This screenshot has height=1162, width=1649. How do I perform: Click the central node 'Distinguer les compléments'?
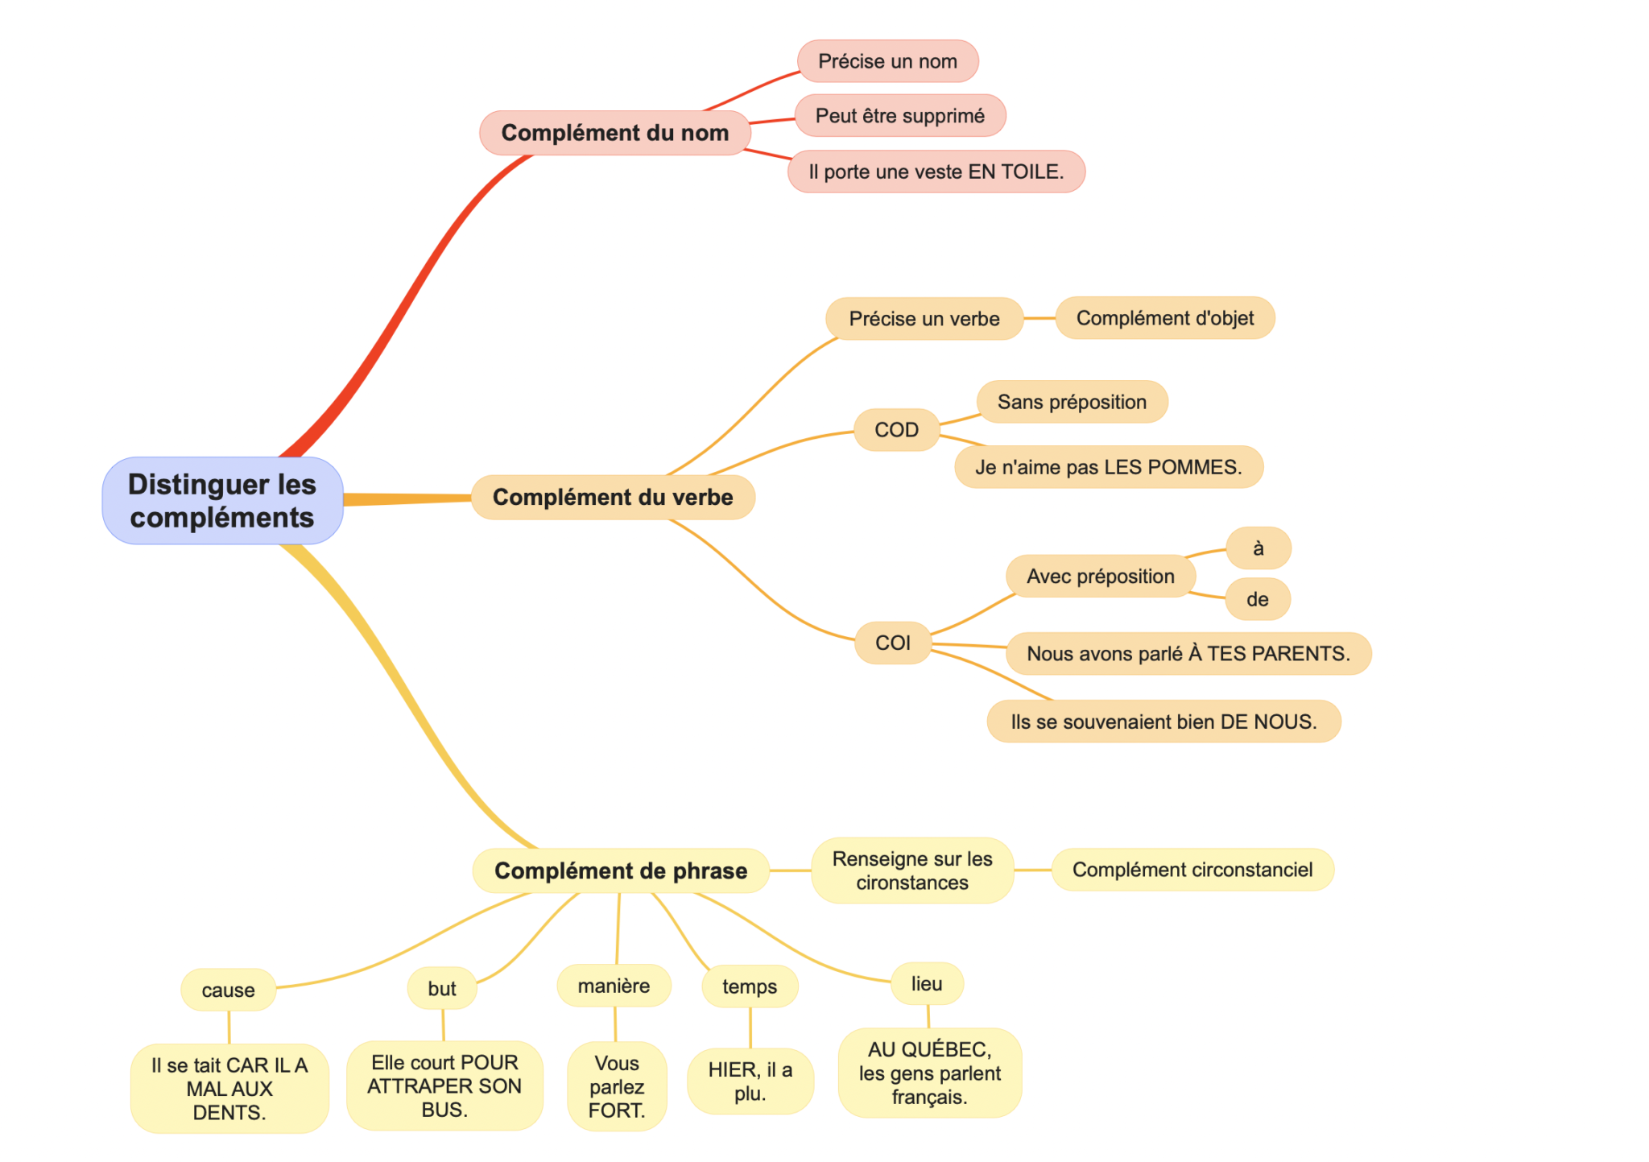point(222,500)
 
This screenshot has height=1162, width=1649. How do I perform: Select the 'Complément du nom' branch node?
point(614,133)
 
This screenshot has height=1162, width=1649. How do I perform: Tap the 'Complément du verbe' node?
point(613,497)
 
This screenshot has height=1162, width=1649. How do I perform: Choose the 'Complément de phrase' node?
point(621,870)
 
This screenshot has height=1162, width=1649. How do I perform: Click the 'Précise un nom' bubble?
point(887,61)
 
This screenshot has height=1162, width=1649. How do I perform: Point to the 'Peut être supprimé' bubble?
point(899,116)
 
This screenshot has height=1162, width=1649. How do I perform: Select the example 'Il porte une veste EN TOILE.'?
point(936,172)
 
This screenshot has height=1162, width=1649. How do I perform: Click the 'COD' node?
point(896,430)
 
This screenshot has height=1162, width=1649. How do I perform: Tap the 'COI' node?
point(892,643)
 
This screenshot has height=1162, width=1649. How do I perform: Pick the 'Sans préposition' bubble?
point(1072,402)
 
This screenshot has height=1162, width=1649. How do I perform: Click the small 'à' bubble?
point(1258,548)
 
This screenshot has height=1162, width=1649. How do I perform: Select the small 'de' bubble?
point(1257,599)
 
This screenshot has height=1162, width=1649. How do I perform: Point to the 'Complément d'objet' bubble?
point(1164,318)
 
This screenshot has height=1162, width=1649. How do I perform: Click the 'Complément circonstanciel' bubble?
point(1192,870)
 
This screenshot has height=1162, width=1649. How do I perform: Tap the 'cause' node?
point(228,990)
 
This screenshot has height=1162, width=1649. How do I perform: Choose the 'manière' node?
point(614,986)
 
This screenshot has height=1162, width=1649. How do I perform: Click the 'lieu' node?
point(927,983)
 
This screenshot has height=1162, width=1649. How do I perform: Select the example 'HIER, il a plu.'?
point(750,1081)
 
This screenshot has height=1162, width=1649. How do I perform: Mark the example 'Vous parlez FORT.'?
point(617,1086)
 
